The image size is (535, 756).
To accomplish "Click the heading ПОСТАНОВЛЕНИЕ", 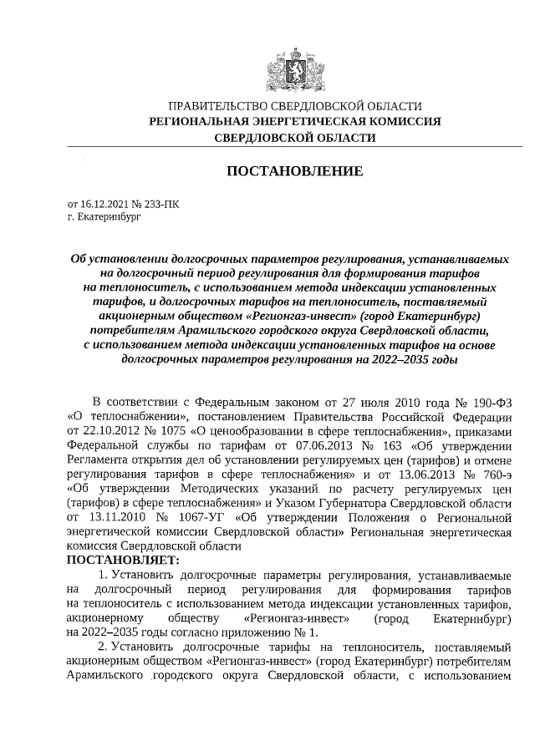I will click(295, 171).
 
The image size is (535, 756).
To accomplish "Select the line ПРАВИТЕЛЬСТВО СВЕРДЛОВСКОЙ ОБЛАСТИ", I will click(295, 107).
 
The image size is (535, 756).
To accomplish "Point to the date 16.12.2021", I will click(104, 203).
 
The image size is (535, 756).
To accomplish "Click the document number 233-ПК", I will click(161, 203).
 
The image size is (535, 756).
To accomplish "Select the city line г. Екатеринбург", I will click(104, 216).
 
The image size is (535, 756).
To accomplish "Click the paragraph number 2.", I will click(101, 647).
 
